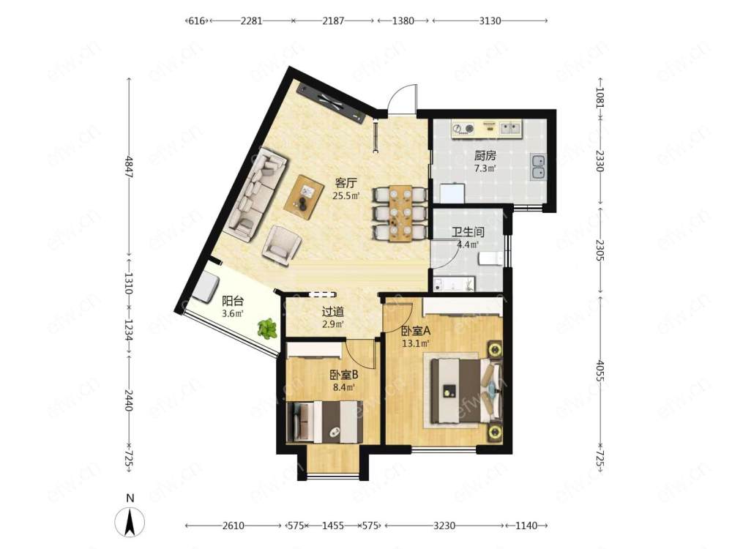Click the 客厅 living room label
point(346,182)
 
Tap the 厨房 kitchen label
point(485,155)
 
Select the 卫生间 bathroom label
point(468,231)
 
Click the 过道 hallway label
point(333,311)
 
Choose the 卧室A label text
point(416,331)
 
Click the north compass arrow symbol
point(130,521)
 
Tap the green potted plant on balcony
point(267,328)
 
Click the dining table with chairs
point(400,213)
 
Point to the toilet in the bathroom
point(490,258)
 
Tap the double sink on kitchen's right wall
point(538,167)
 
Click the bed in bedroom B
point(326,421)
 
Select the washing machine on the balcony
point(205,288)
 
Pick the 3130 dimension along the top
point(490,20)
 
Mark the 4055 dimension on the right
point(601,369)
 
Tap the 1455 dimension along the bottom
point(333,526)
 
